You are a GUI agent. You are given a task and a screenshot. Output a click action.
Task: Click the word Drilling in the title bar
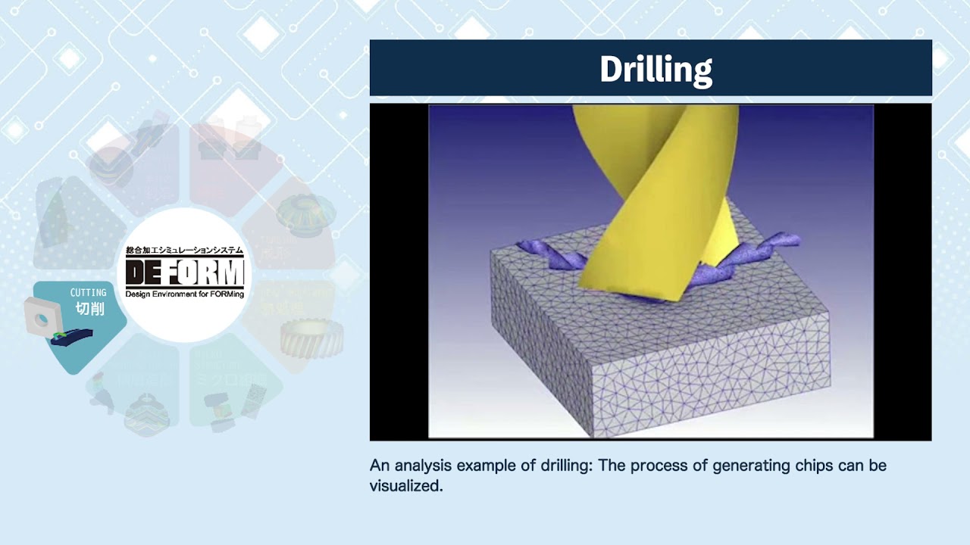click(656, 70)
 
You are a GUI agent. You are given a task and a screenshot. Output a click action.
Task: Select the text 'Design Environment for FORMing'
click(185, 294)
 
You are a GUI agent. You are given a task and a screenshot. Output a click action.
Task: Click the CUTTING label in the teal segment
click(88, 293)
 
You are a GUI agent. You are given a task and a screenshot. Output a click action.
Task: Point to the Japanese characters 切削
click(89, 309)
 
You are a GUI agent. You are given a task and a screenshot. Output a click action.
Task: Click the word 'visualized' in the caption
click(405, 486)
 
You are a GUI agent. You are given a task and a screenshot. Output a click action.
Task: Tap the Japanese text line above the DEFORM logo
click(185, 250)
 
